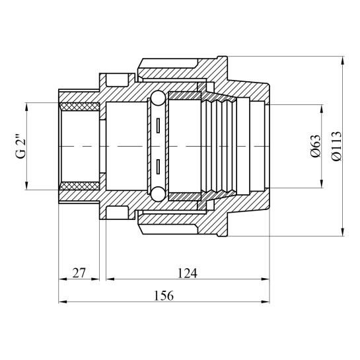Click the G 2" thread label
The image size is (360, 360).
point(21,146)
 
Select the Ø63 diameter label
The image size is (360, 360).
point(316,146)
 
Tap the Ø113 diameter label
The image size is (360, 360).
point(336,146)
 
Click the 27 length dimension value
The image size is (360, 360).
point(79,273)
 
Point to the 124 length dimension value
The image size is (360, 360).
point(188,273)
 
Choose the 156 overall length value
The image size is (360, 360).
point(164,296)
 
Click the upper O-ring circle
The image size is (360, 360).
point(158,98)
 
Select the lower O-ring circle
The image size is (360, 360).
point(158,194)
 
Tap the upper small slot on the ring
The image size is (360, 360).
point(158,126)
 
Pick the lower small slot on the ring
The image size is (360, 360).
point(158,166)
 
